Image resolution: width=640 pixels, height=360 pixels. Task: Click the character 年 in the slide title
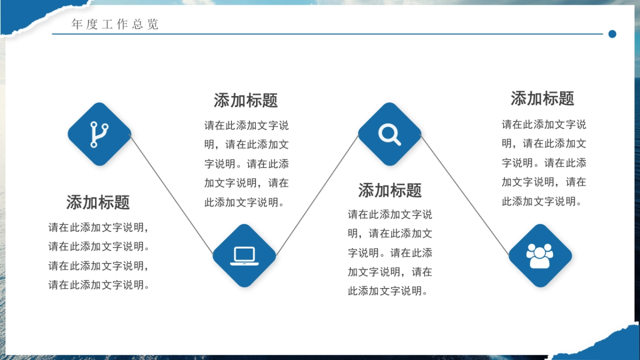coord(77,25)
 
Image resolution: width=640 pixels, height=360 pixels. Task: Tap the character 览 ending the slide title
coord(153,25)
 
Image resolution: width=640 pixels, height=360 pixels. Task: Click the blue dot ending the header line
coord(612,34)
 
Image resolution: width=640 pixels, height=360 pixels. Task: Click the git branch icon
coord(99,134)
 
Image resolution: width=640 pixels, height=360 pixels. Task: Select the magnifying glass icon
coord(389,134)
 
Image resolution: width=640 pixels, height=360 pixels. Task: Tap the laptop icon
coord(244,255)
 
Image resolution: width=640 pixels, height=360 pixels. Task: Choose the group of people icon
coord(540,255)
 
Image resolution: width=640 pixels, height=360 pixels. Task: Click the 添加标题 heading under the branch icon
coord(98,203)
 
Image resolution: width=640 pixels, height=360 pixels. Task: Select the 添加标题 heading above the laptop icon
coord(246,100)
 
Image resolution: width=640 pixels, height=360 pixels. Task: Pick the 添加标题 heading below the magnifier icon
coord(390,190)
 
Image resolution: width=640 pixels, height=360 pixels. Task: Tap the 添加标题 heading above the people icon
coord(542,99)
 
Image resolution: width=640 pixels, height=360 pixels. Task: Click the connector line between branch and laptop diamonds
coord(172,195)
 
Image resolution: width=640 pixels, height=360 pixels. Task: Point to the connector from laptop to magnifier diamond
coord(317,195)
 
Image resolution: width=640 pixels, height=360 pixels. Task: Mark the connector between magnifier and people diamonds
coord(465,195)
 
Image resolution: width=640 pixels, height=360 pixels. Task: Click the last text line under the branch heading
coord(99,285)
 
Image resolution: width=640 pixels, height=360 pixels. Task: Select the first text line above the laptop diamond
coord(246,126)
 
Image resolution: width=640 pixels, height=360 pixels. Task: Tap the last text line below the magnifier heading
coord(390,291)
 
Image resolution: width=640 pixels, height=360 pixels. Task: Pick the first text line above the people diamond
coord(543,125)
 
